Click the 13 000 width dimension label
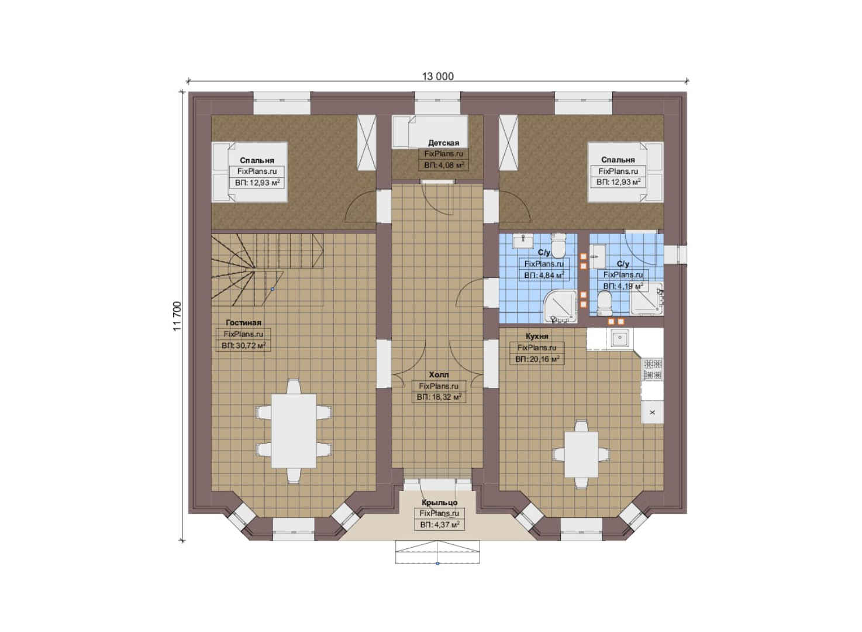tap(438, 76)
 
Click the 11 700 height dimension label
tap(177, 316)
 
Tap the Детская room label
tap(444, 143)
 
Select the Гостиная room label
tap(244, 323)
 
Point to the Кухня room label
tap(537, 336)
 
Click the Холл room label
tap(439, 375)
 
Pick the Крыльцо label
tap(439, 503)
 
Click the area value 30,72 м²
tap(244, 345)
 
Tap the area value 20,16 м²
tap(537, 359)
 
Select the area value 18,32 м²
tap(439, 397)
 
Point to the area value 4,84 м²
tap(544, 276)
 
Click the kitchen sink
tap(619, 339)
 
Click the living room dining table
tap(294, 431)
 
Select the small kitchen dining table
tap(581, 455)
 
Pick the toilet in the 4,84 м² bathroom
tap(558, 244)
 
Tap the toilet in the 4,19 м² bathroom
tap(605, 301)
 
